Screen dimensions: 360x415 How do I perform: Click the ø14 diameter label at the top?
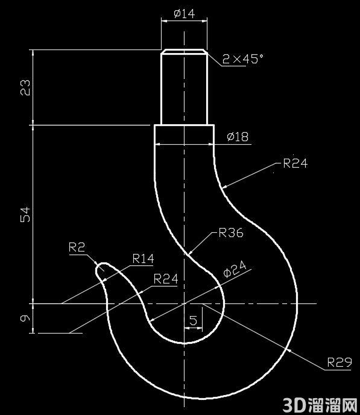pyautogui.click(x=185, y=13)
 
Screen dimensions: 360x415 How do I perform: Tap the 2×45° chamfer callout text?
pyautogui.click(x=243, y=59)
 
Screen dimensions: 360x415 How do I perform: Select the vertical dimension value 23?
pyautogui.click(x=25, y=87)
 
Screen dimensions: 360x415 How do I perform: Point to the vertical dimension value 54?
pyautogui.click(x=25, y=214)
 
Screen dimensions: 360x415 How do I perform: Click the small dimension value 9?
pyautogui.click(x=25, y=318)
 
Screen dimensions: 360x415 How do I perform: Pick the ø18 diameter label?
pyautogui.click(x=238, y=136)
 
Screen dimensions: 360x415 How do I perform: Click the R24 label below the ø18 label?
pyautogui.click(x=295, y=163)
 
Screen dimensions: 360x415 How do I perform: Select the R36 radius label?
pyautogui.click(x=231, y=233)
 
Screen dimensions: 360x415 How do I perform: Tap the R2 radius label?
pyautogui.click(x=77, y=247)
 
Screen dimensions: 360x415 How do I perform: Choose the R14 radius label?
pyautogui.click(x=143, y=259)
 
